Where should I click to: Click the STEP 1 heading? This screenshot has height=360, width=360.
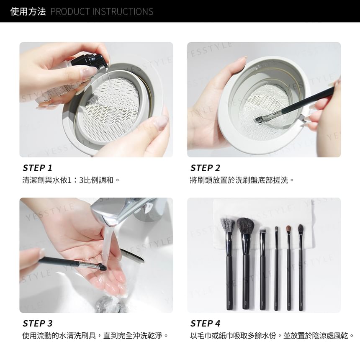click(37, 168)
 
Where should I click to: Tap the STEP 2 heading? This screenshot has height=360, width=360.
click(205, 168)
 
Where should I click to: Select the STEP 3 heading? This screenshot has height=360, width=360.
click(37, 324)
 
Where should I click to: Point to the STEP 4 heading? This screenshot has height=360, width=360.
click(205, 324)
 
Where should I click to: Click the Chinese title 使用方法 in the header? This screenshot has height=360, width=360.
click(28, 11)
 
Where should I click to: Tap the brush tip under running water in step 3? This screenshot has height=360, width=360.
click(102, 267)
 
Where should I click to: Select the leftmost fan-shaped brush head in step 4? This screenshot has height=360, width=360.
click(228, 225)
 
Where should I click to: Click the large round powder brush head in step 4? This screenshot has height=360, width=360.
click(245, 225)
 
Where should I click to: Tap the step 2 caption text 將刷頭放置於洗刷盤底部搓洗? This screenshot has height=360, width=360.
click(239, 180)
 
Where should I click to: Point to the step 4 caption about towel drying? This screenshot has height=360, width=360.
click(269, 336)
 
